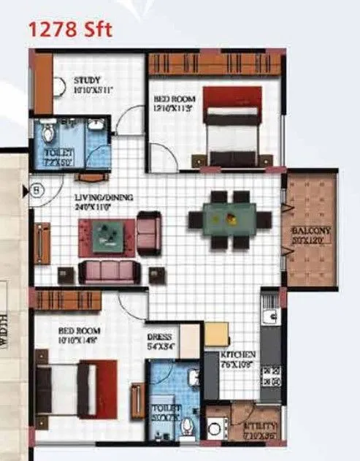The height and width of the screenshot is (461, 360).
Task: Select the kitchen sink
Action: (x=269, y=316)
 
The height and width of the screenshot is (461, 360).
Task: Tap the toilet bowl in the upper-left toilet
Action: (x=48, y=134)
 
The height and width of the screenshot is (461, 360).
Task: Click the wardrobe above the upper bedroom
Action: (x=215, y=64)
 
